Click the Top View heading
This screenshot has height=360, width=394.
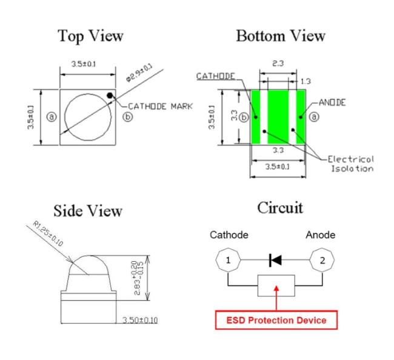90,36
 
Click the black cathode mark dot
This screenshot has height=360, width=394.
110,96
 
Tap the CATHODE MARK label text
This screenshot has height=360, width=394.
160,106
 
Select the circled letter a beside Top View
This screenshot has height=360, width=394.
52,117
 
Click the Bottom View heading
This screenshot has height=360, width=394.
281,36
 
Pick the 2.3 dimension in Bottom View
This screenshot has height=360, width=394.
278,63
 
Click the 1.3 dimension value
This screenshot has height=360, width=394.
306,81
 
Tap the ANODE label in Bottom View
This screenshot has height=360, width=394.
332,102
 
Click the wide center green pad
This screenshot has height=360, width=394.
278,117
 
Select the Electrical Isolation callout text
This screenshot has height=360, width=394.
351,164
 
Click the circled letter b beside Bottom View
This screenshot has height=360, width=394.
244,118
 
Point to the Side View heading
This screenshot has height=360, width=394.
88,210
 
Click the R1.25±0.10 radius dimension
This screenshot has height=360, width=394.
48,233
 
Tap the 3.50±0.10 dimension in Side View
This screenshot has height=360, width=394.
140,320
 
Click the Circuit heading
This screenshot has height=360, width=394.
280,208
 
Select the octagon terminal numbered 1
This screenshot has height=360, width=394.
228,260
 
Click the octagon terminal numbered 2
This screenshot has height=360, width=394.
322,260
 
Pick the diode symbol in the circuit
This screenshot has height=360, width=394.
275,260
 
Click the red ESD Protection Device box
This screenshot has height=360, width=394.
276,320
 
